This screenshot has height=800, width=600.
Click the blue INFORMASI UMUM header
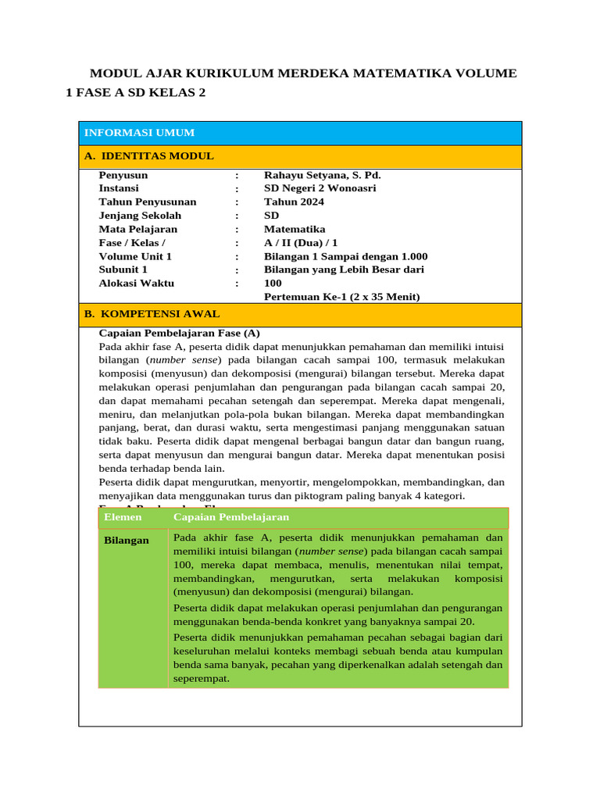[139, 133]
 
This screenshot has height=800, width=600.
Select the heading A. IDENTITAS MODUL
[148, 156]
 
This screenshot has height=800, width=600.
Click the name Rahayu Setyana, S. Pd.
[322, 175]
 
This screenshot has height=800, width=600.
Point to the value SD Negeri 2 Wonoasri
[320, 188]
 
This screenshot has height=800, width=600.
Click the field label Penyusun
[123, 175]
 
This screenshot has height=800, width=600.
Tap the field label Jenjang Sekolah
[140, 216]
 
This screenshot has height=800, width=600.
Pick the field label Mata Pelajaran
[137, 229]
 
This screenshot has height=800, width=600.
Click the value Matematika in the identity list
[295, 229]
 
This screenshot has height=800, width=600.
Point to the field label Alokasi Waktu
[136, 283]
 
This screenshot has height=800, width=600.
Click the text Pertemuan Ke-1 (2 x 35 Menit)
[341, 297]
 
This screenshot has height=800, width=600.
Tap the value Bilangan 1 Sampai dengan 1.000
[345, 256]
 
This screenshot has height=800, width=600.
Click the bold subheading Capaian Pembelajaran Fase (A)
[179, 332]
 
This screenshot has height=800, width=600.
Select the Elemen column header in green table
[123, 517]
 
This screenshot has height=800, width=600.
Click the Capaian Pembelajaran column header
[231, 517]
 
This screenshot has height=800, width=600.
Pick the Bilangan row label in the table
[127, 541]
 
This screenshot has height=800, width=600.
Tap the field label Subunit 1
[123, 270]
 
